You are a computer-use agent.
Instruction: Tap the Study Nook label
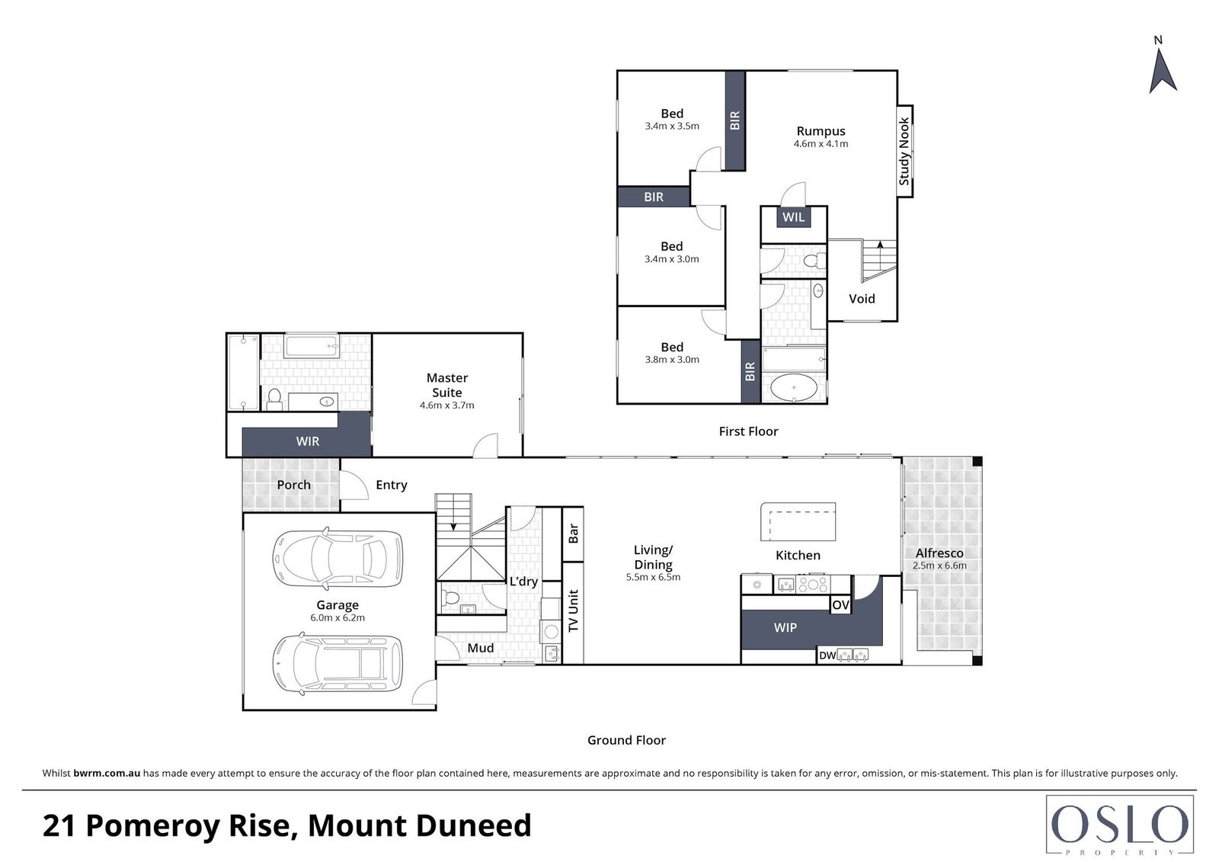[x=904, y=151]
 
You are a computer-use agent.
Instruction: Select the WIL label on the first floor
[x=793, y=217]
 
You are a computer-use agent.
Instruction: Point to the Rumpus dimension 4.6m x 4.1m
[x=821, y=144]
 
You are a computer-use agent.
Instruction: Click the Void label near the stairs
[x=862, y=299]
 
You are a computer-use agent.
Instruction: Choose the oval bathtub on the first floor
[x=793, y=388]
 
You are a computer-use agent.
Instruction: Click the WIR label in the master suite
[x=308, y=441]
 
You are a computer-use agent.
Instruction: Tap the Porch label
[x=293, y=485]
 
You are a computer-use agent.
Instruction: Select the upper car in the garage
[x=338, y=559]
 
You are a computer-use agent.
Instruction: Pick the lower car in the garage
[x=338, y=664]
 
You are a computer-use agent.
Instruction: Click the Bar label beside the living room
[x=573, y=534]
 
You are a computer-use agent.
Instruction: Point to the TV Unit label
[x=573, y=611]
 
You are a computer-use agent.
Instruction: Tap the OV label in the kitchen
[x=841, y=605]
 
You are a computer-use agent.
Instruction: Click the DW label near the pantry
[x=827, y=655]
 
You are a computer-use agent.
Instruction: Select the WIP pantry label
[x=785, y=627]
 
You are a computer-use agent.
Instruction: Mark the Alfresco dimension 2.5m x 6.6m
[x=940, y=566]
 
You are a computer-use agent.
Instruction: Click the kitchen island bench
[x=798, y=521]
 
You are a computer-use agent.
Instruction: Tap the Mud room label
[x=481, y=648]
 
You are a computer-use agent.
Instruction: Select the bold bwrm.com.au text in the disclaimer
[x=107, y=773]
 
